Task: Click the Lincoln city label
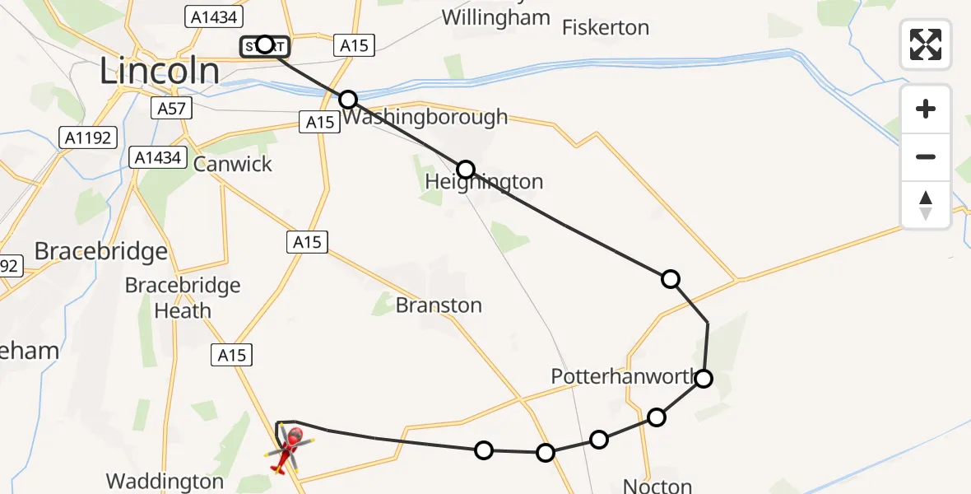[160, 71]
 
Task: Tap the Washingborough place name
[425, 118]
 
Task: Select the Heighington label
[484, 182]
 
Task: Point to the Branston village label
[439, 305]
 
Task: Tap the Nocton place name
[657, 485]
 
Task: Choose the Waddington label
[165, 482]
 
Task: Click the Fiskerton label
[605, 27]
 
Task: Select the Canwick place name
[232, 164]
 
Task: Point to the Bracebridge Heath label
[183, 298]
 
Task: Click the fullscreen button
[926, 44]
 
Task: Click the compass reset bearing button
[926, 205]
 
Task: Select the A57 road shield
[172, 108]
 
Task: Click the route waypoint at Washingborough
[348, 100]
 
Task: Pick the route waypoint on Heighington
[466, 170]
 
